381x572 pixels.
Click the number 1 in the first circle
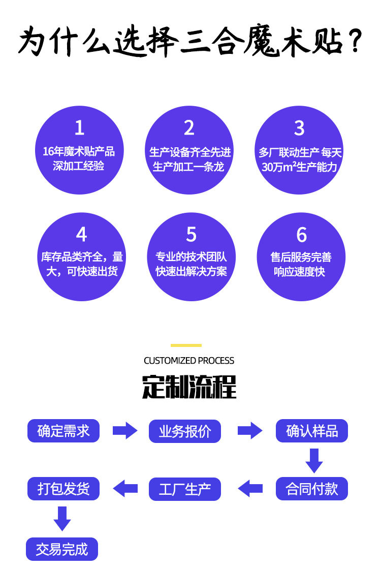[x=79, y=128]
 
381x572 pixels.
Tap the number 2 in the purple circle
[x=189, y=128]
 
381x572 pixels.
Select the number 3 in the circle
[x=299, y=128]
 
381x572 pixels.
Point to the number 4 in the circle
[x=81, y=235]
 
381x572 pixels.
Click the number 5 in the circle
[x=191, y=235]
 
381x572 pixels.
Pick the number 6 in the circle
[x=301, y=235]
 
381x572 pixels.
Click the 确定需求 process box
[x=63, y=431]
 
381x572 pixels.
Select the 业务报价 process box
[x=185, y=431]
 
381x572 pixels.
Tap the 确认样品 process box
[x=312, y=431]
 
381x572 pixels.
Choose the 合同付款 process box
[x=312, y=489]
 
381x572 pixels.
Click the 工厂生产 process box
[x=185, y=489]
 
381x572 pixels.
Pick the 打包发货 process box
[x=63, y=489]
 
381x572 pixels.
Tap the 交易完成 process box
[x=62, y=549]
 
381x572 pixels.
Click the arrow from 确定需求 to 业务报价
[x=125, y=431]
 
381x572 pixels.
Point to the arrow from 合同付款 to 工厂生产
[x=250, y=489]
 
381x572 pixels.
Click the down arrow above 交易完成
[x=62, y=518]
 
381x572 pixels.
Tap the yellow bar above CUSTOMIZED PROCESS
[x=186, y=345]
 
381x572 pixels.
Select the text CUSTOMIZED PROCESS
[x=189, y=361]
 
